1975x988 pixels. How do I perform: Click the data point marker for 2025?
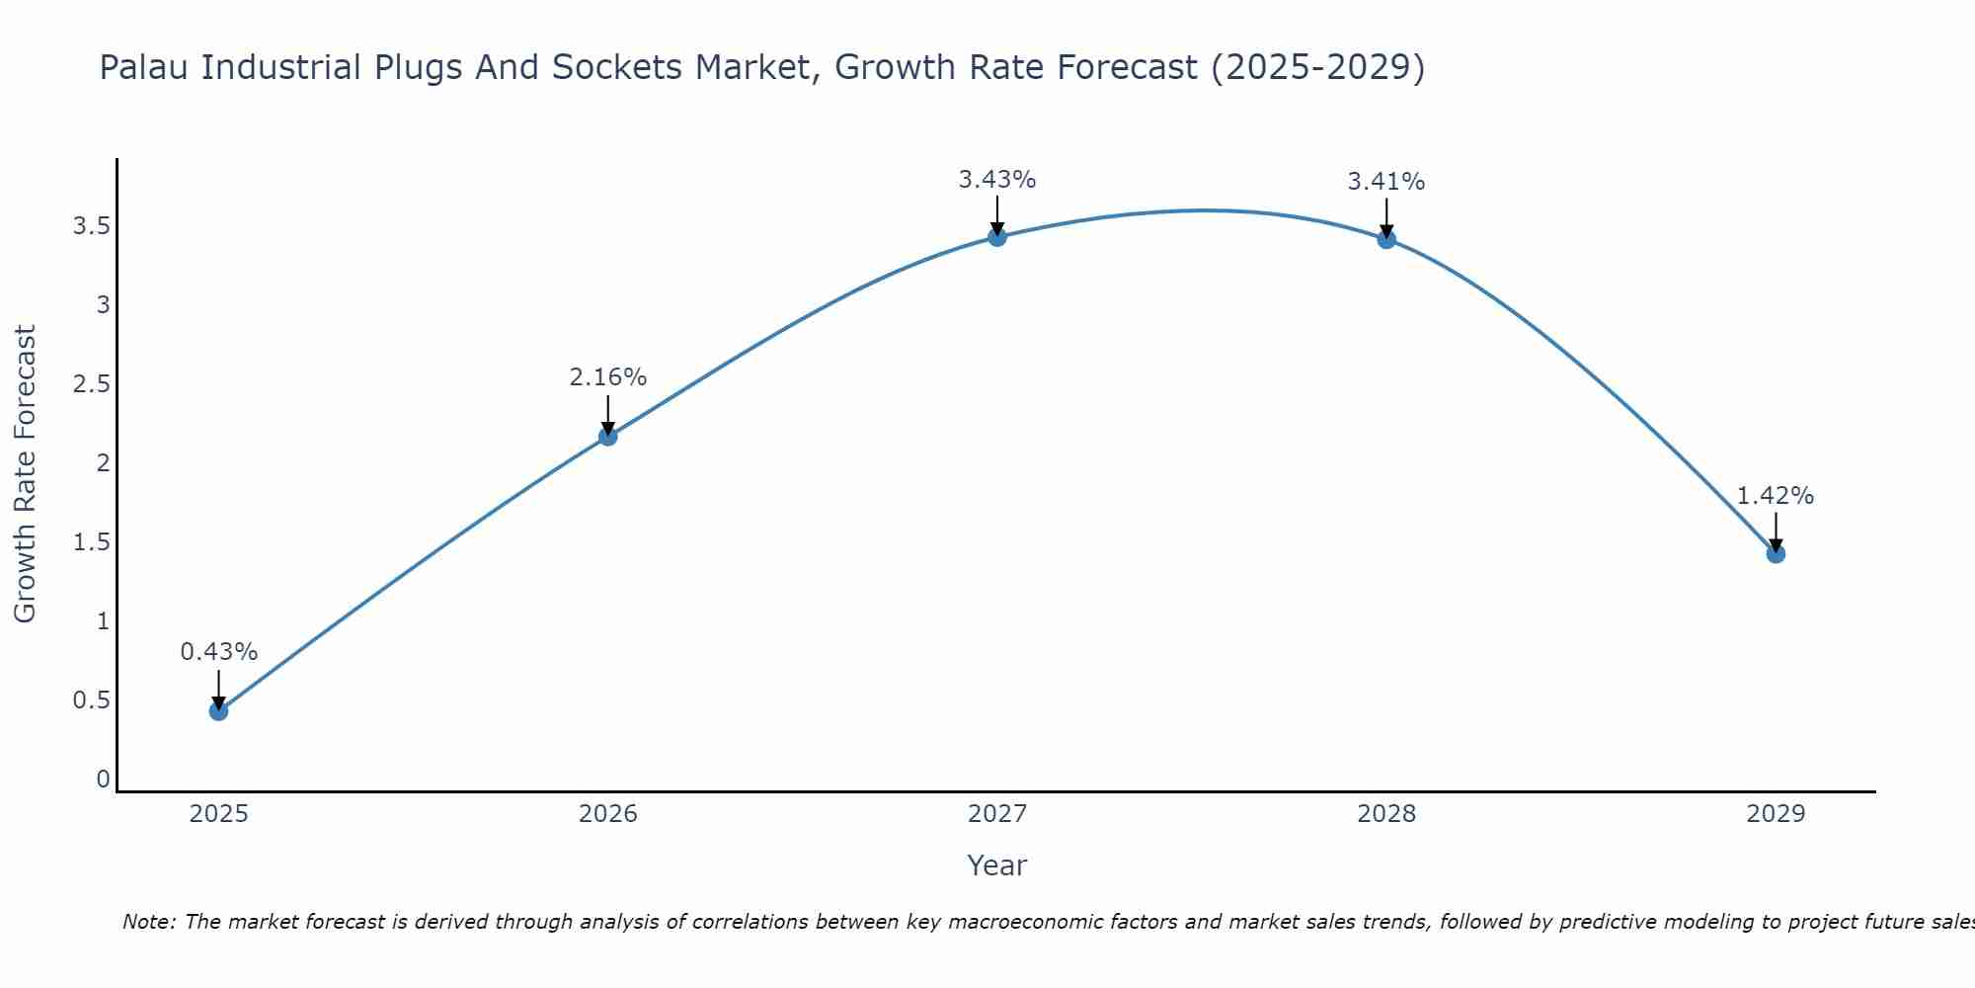coord(218,710)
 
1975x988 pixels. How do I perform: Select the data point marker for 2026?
coord(607,436)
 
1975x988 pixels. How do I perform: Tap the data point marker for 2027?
coord(996,236)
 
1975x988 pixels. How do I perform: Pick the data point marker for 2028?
coord(1385,239)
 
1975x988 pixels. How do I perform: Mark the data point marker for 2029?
coord(1775,553)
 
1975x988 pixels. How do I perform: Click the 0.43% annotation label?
coord(218,652)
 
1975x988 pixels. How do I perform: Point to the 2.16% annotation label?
coord(607,377)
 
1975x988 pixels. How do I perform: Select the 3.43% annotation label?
coord(996,180)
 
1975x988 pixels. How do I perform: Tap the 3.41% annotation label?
coord(1385,182)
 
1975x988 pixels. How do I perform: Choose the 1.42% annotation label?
coord(1775,496)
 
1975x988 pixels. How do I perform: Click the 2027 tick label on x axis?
coord(996,814)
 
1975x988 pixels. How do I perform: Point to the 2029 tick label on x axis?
coord(1775,814)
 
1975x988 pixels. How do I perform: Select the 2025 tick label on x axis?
coord(218,814)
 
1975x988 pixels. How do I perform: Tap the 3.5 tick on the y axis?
coord(91,226)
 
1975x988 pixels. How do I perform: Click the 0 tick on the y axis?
coord(103,780)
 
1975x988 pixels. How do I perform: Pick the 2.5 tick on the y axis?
coord(91,384)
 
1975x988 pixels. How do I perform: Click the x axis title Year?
coord(996,865)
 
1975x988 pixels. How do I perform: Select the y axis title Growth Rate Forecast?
coord(25,474)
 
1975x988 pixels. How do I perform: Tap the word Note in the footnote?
coord(148,922)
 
